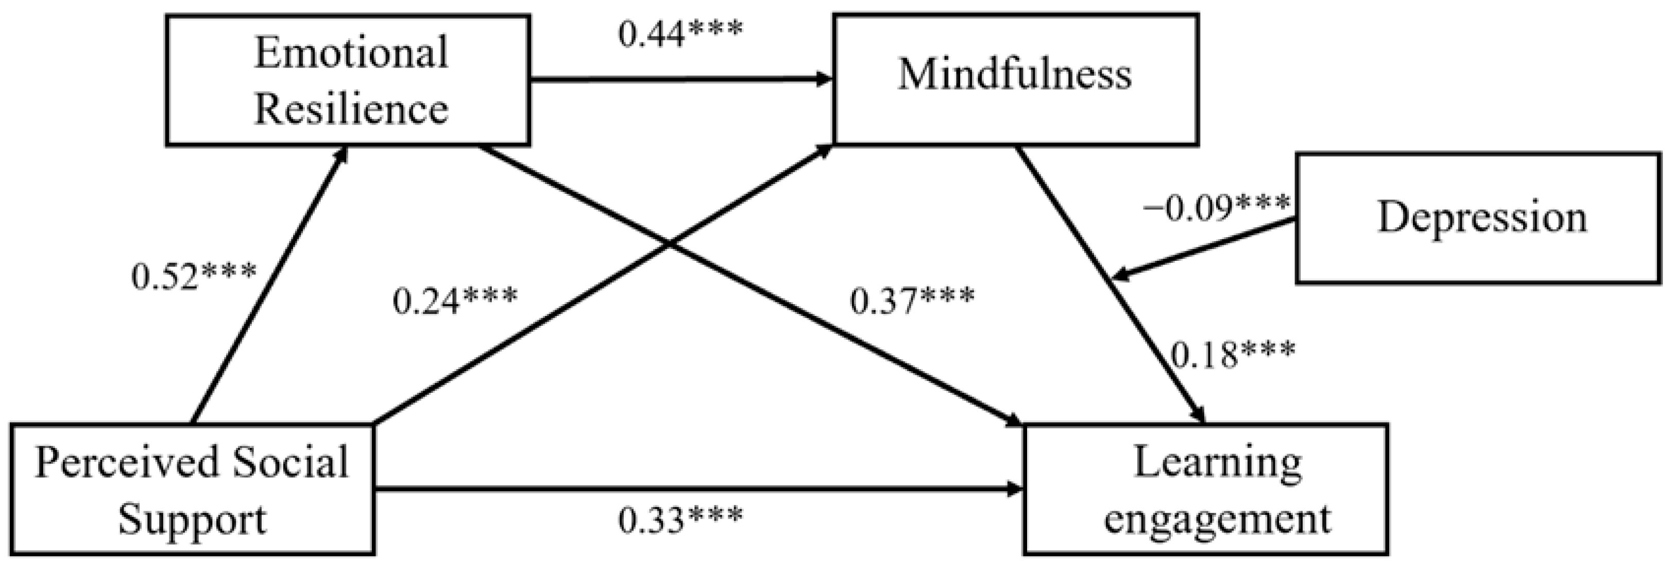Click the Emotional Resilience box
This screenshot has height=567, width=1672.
click(348, 80)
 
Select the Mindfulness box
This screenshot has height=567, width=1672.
click(1015, 79)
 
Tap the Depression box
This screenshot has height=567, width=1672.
click(1478, 218)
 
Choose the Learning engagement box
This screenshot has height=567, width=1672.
click(1205, 489)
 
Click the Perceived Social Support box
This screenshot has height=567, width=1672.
click(192, 489)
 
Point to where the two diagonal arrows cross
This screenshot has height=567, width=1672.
click(669, 244)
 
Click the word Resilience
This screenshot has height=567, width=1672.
click(350, 109)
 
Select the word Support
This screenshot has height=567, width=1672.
click(192, 520)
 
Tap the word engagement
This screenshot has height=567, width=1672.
click(1217, 520)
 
